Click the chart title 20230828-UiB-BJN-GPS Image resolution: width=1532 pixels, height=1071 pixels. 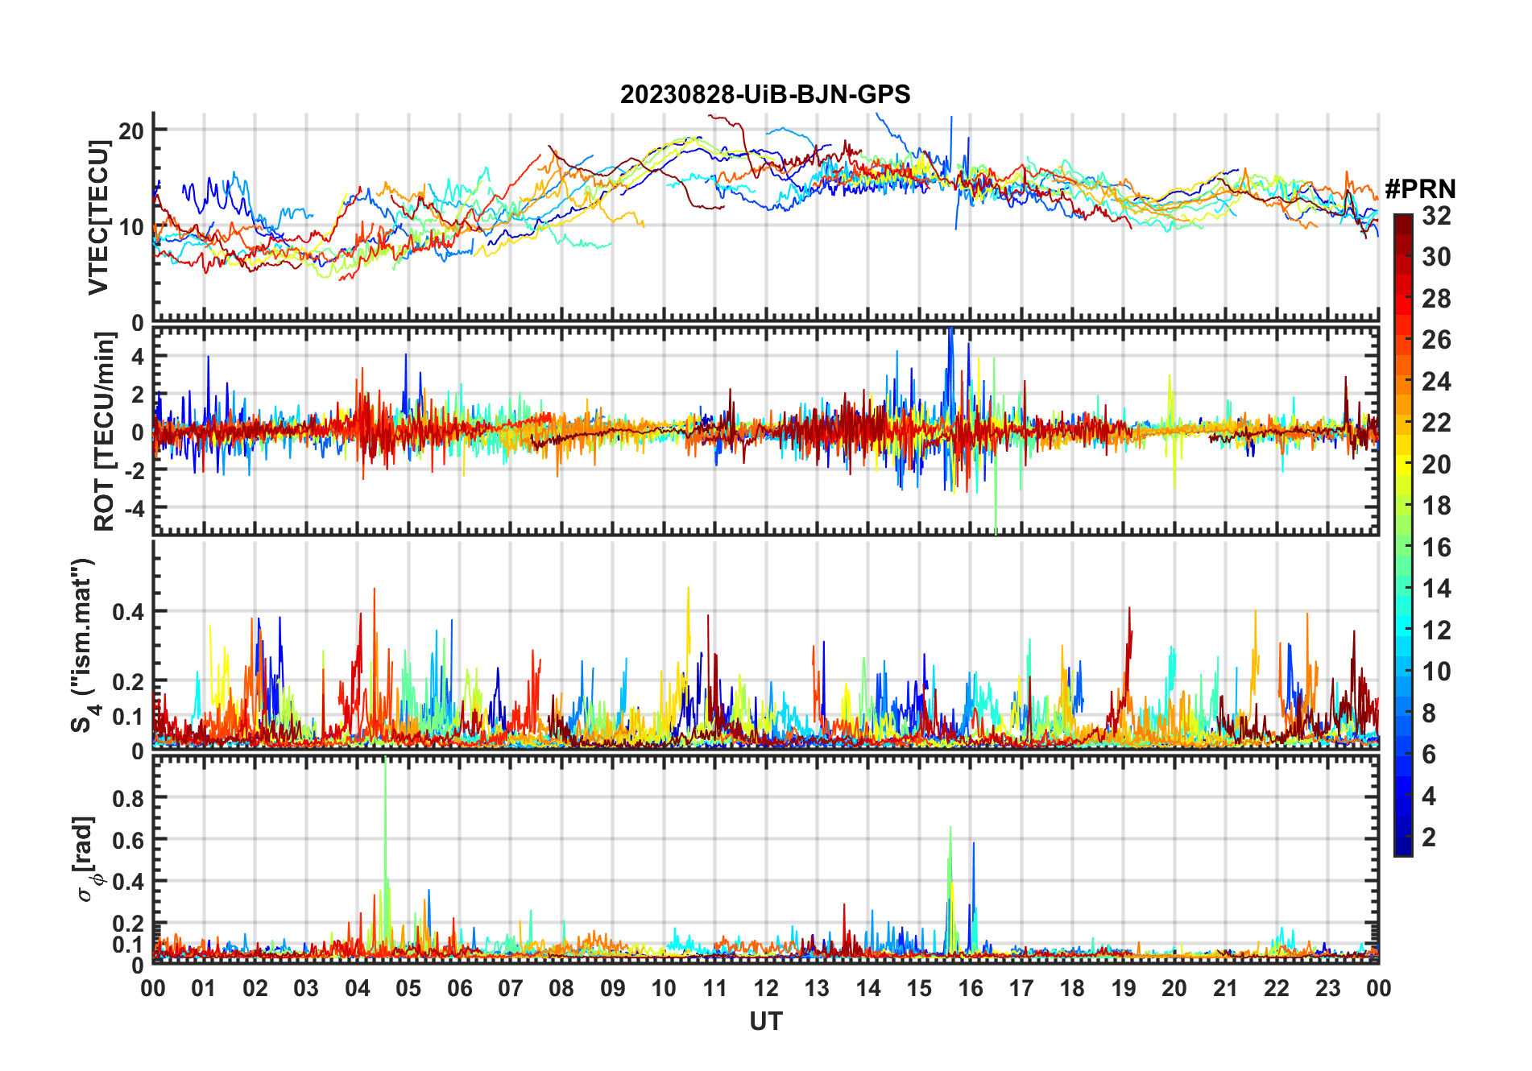(x=765, y=94)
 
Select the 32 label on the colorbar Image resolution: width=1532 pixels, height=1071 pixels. (x=1436, y=216)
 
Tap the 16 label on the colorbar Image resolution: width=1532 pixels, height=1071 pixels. (x=1436, y=548)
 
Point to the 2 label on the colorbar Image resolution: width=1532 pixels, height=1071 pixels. (x=1429, y=837)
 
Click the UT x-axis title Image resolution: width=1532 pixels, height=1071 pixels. (x=765, y=1021)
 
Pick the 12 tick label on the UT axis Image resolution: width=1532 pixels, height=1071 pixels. (x=765, y=988)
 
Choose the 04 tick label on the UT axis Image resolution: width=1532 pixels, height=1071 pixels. (x=357, y=988)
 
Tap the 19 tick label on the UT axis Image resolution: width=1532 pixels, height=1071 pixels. (x=1123, y=988)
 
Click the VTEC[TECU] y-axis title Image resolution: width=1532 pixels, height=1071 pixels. (x=98, y=217)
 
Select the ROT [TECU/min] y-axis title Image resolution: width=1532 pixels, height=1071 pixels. (x=105, y=431)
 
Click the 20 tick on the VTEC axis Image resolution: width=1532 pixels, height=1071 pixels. (x=131, y=130)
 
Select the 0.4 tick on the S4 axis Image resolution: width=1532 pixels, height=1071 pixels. (x=128, y=611)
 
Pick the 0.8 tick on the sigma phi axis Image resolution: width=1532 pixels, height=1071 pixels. (x=128, y=798)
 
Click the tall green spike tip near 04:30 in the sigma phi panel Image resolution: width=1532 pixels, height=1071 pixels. (x=386, y=759)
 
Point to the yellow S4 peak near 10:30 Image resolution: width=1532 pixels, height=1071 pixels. (x=688, y=588)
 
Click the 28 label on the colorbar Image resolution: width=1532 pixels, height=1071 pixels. (x=1436, y=299)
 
